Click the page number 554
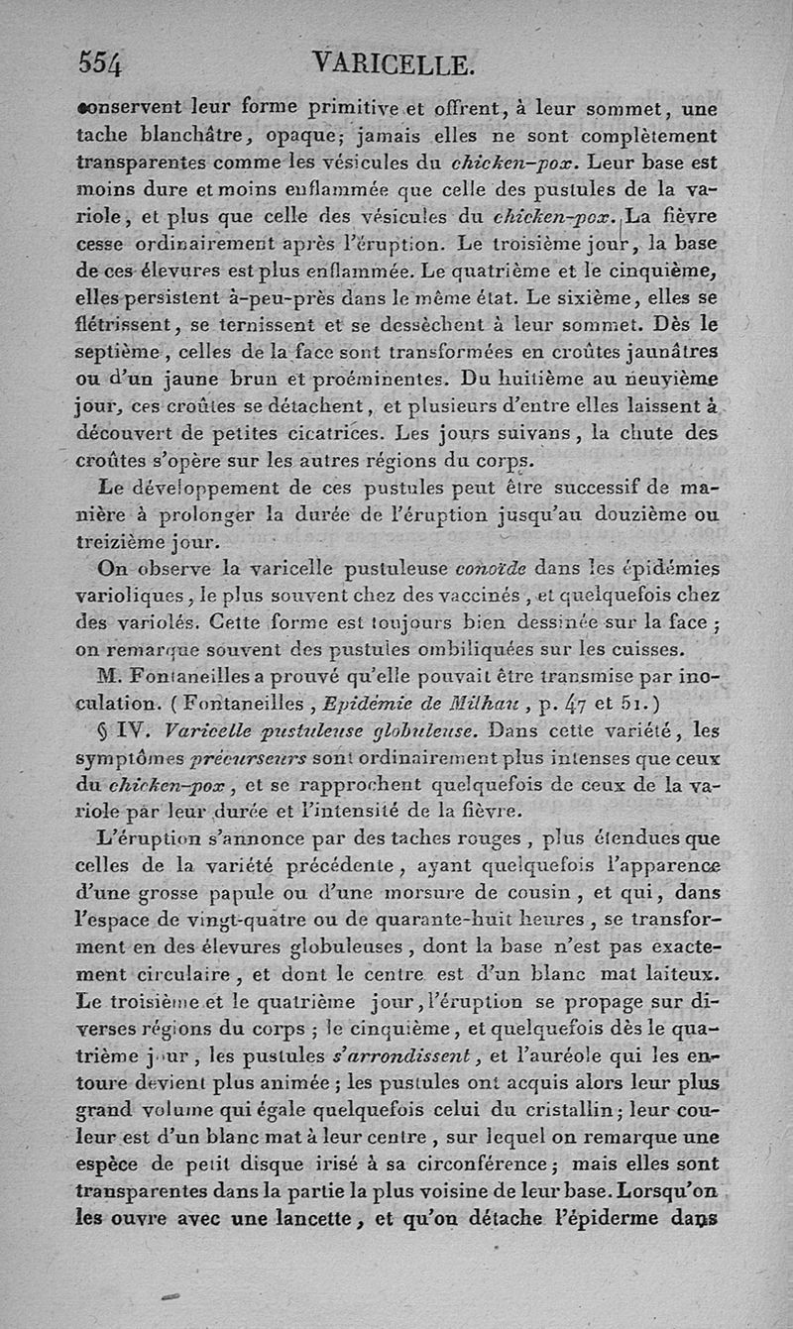(x=100, y=64)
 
